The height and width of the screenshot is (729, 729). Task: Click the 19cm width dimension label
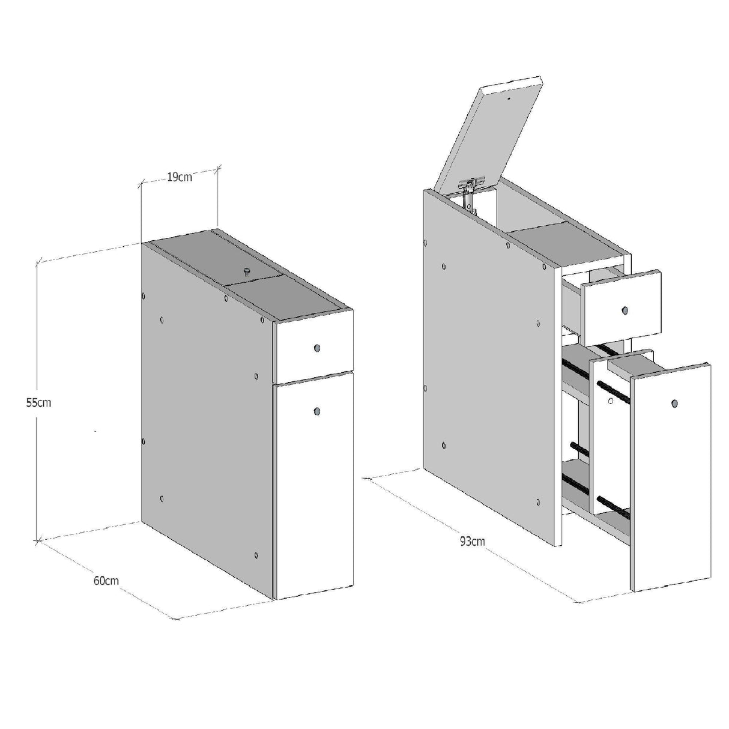(x=179, y=177)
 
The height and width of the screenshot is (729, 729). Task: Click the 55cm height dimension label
(x=38, y=402)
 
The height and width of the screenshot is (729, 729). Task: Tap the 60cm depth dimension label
(x=106, y=581)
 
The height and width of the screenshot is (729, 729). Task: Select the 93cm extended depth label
(x=472, y=541)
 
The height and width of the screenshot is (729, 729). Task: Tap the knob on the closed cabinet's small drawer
(x=316, y=348)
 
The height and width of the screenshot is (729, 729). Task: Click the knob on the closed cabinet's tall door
(x=316, y=411)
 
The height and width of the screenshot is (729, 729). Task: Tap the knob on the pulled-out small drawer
(x=625, y=310)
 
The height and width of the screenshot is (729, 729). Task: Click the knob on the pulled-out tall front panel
(x=674, y=404)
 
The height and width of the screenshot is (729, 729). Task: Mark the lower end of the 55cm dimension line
(x=38, y=541)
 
